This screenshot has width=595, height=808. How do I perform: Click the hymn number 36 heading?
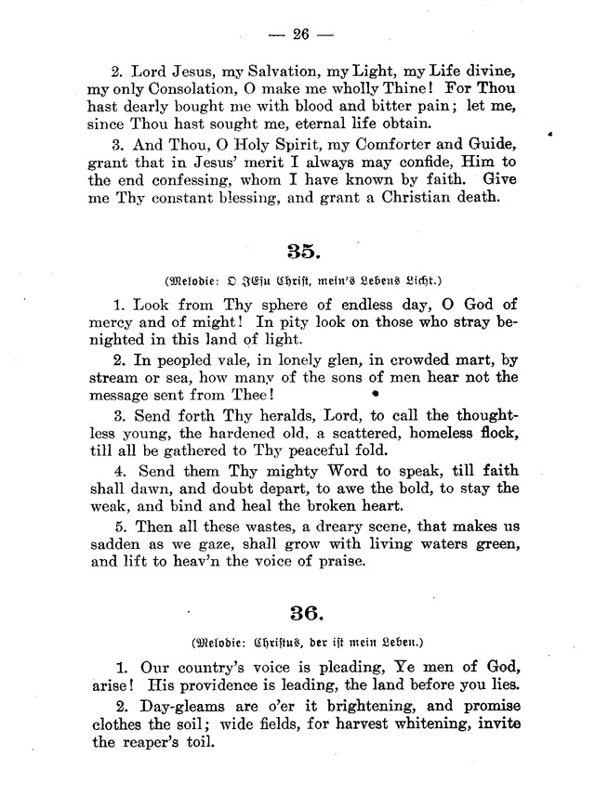[302, 613]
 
